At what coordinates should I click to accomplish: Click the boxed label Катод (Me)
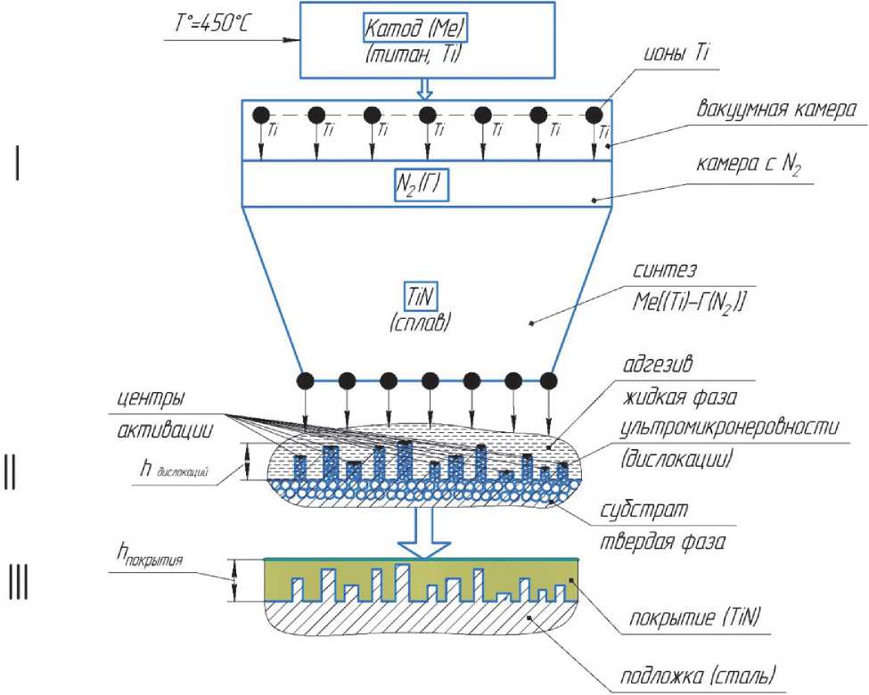(415, 29)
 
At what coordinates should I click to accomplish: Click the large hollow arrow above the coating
(423, 533)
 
